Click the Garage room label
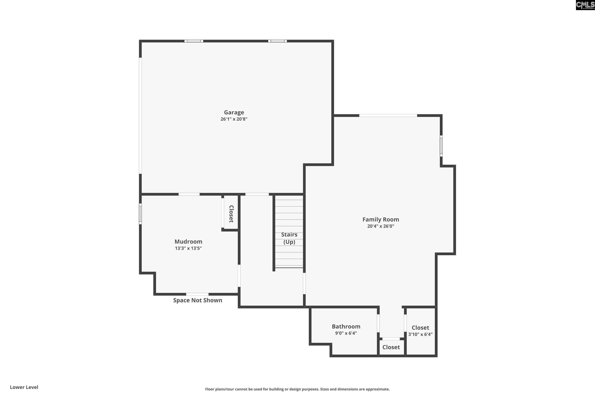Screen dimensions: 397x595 coord(234,112)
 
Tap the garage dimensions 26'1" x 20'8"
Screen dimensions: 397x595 coord(234,119)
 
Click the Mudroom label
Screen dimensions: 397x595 coord(188,241)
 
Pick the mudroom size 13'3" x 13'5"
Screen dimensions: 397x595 coord(188,248)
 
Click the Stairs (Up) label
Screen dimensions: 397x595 coord(289,238)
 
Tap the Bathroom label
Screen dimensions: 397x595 coord(346,326)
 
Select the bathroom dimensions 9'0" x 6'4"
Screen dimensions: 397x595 coord(346,333)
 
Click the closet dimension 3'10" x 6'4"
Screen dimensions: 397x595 coord(420,334)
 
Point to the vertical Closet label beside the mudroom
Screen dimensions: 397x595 coord(231,214)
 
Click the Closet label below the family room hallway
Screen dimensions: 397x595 coord(391,347)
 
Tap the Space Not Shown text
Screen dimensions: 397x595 coord(198,300)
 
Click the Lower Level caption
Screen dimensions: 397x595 coord(24,387)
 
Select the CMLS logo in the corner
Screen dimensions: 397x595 coord(585,5)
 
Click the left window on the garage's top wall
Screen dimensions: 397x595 coord(194,41)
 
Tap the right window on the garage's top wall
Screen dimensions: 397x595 coord(277,41)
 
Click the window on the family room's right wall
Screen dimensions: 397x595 coord(441,146)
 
